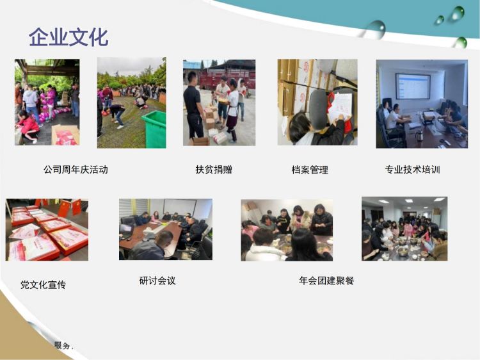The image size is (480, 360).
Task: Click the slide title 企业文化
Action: (x=68, y=37)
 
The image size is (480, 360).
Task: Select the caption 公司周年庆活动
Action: (x=76, y=169)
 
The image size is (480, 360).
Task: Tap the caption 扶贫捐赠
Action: (x=214, y=169)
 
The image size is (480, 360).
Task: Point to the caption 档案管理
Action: (x=310, y=170)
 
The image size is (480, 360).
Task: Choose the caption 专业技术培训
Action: (x=412, y=169)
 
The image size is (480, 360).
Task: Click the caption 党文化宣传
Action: (x=43, y=284)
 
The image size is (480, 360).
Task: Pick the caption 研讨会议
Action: (x=157, y=281)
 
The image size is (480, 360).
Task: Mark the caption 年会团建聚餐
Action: (x=326, y=281)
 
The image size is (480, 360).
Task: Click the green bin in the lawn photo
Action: (x=154, y=129)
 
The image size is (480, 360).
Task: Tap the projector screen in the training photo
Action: (x=413, y=86)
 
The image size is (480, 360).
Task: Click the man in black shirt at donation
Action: (x=193, y=108)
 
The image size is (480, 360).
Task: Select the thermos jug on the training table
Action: (x=419, y=135)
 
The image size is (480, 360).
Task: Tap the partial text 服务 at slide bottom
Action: (x=63, y=346)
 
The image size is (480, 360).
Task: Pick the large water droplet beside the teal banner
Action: (x=376, y=29)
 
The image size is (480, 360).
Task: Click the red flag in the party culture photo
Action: (x=64, y=208)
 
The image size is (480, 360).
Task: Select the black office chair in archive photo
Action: (x=318, y=109)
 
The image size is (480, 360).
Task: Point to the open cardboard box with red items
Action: (x=65, y=135)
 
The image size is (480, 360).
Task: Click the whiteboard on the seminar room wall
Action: (x=180, y=207)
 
